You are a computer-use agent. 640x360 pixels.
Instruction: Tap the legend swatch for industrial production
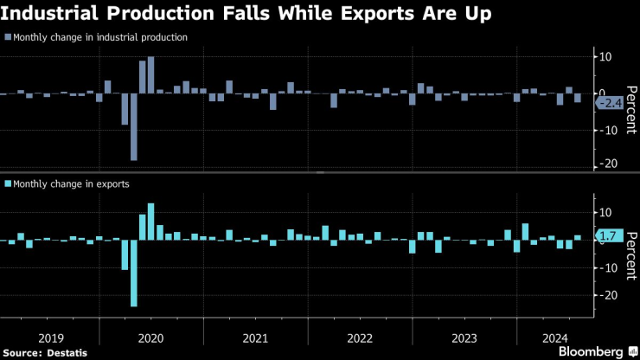click(8, 38)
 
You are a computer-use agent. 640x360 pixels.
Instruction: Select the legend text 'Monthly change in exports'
click(72, 184)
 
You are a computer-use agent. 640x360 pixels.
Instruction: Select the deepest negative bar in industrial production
click(134, 126)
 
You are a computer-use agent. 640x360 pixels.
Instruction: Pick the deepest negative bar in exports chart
click(134, 273)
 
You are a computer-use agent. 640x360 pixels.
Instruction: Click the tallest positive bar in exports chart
click(150, 222)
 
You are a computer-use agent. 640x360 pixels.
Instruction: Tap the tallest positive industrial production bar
click(150, 75)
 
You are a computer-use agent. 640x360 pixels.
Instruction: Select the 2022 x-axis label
click(359, 337)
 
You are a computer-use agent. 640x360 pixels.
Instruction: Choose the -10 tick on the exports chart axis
click(607, 267)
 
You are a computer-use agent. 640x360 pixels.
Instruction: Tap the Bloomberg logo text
click(588, 352)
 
